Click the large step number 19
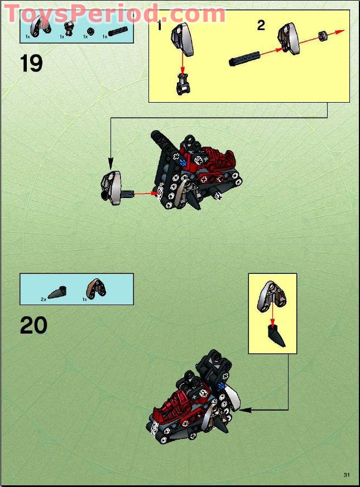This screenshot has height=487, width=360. click(x=32, y=63)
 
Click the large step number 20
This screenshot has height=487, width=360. click(x=33, y=325)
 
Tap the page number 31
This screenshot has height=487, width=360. click(x=347, y=475)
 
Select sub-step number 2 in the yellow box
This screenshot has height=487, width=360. click(x=261, y=25)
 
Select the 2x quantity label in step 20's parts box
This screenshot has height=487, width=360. click(x=44, y=300)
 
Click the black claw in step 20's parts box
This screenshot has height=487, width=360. click(x=58, y=292)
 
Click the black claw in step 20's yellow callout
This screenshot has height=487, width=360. click(x=275, y=337)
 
